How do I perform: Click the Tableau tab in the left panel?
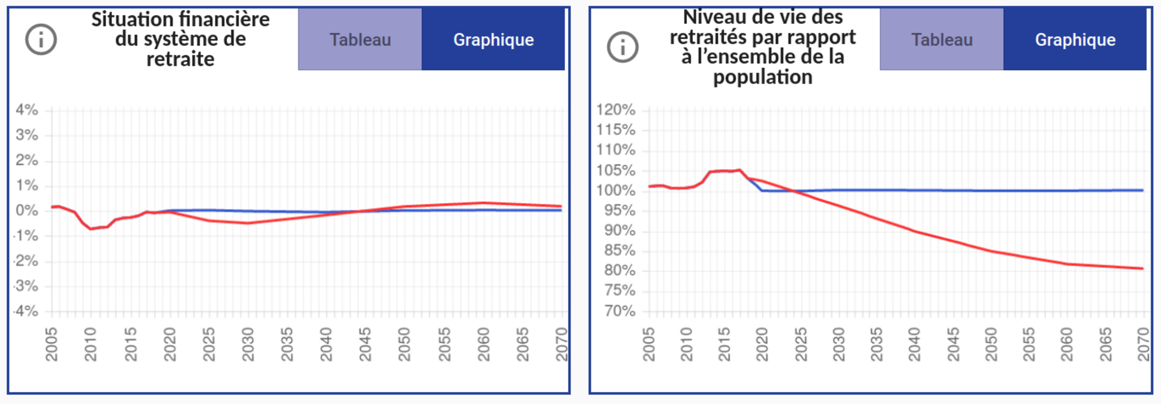[360, 40]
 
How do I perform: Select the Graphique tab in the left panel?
[493, 40]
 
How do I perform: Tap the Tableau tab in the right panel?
[941, 40]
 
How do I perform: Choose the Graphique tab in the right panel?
[1075, 40]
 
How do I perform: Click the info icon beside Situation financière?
[41, 40]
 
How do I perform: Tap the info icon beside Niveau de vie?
[623, 47]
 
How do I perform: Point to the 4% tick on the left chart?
[27, 110]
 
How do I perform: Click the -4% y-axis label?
[26, 311]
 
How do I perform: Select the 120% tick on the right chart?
[615, 110]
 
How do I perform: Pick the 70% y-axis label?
[620, 311]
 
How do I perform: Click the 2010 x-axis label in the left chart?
[91, 344]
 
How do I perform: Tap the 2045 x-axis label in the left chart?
[365, 344]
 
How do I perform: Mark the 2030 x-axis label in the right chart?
[839, 344]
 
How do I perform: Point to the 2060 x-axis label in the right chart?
[1067, 344]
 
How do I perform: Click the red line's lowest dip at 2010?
[91, 229]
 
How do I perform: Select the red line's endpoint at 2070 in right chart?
[1143, 268]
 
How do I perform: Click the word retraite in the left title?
[180, 59]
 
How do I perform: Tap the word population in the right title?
[763, 77]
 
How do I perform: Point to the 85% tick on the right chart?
[620, 250]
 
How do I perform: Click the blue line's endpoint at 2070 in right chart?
[1143, 190]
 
